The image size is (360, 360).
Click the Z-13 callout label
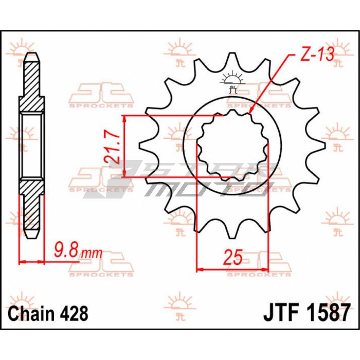[317, 55]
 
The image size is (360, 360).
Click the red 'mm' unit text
[92, 253]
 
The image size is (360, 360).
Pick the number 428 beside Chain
[74, 313]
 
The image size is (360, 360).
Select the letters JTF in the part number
[282, 312]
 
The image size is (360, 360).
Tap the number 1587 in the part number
[329, 312]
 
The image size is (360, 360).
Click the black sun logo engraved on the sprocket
[232, 82]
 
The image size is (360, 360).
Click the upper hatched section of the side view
[32, 85]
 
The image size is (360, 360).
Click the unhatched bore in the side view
[32, 146]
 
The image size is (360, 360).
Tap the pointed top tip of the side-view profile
[32, 53]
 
